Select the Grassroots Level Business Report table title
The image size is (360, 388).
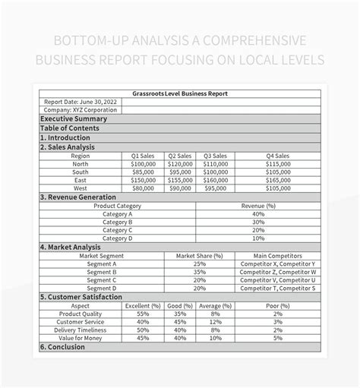(x=179, y=93)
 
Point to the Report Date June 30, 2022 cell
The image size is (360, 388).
(x=81, y=102)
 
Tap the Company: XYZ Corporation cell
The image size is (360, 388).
(x=81, y=110)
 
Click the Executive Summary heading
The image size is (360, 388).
(x=74, y=119)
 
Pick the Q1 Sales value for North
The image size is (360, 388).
(x=143, y=163)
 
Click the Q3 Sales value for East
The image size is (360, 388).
(x=216, y=181)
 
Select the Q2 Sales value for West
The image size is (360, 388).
(x=180, y=188)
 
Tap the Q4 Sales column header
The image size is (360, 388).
(x=278, y=155)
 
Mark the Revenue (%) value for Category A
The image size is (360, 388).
(x=258, y=214)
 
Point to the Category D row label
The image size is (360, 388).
(x=118, y=238)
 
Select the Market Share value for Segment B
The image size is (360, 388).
(x=200, y=272)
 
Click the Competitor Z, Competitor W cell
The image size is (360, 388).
(x=278, y=272)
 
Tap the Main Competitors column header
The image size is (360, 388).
(x=278, y=256)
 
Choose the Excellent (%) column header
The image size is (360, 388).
(x=143, y=304)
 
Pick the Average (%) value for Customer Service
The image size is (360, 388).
(x=216, y=321)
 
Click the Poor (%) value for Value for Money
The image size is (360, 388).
(x=278, y=338)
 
